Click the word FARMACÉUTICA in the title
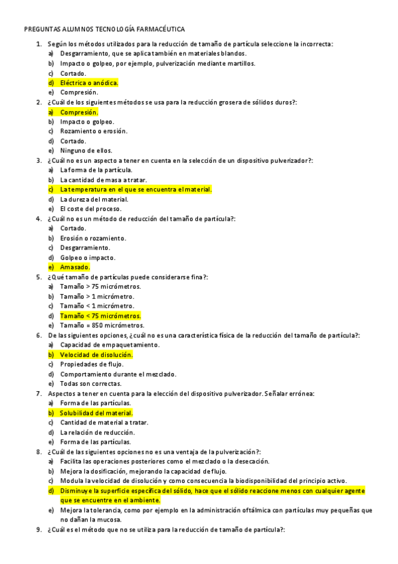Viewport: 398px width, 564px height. [157, 29]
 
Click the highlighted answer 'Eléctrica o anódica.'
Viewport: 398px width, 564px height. [89, 83]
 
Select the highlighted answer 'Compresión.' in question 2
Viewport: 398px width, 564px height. [79, 112]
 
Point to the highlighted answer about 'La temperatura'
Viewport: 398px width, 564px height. [136, 190]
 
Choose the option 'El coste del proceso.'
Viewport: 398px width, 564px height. [90, 209]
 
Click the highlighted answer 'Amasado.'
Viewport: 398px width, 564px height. [74, 267]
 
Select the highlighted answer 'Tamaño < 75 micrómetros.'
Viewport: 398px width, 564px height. [100, 316]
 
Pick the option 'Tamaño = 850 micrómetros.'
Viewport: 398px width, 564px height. [102, 325]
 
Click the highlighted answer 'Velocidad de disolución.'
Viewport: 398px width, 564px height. [96, 355]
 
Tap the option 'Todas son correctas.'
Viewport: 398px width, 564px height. [90, 384]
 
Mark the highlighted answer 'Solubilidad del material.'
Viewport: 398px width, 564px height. [96, 413]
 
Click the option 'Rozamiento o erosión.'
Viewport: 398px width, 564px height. [93, 132]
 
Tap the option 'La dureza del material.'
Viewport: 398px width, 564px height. [94, 200]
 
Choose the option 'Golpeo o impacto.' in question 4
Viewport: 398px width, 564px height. [87, 257]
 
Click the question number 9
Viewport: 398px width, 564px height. [39, 530]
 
